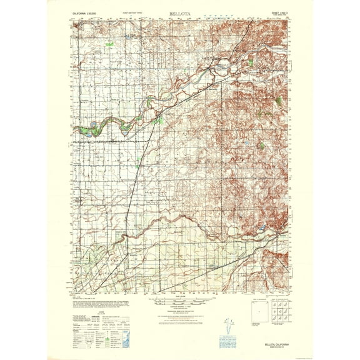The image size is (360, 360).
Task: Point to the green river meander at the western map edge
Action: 84,130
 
